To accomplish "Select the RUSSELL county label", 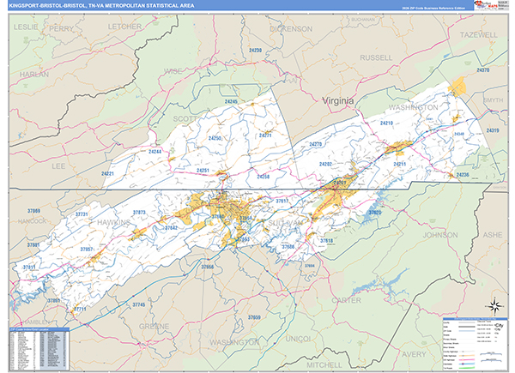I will [376, 57].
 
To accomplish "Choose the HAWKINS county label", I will [111, 221].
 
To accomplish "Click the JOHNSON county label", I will [440, 234].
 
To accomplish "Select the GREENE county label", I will [154, 326].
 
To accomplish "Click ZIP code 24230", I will [255, 51].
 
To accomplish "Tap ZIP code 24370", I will [482, 69].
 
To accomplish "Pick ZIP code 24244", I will [154, 151].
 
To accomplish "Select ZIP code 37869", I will [33, 209].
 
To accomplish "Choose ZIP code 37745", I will [139, 304].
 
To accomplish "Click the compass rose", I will [494, 305].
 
